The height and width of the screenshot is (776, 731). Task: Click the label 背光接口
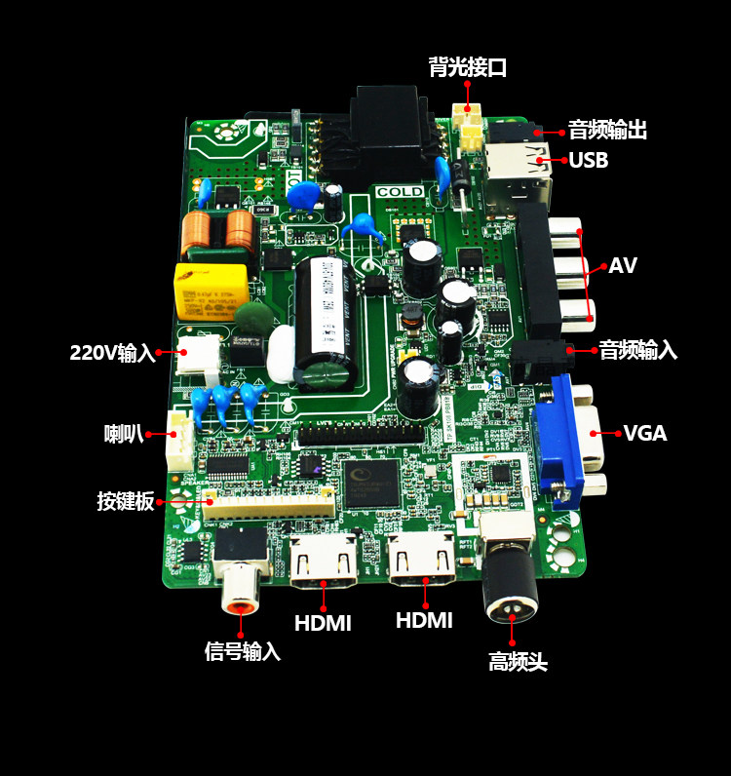click(468, 67)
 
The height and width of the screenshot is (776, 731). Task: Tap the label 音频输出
click(607, 130)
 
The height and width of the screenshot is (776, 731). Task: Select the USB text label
click(589, 160)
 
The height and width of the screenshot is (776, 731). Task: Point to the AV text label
click(623, 266)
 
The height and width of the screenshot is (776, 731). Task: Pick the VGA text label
click(645, 433)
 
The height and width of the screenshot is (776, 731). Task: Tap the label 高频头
click(518, 663)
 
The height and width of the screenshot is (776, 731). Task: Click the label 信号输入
click(243, 651)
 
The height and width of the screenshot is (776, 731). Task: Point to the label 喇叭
click(124, 433)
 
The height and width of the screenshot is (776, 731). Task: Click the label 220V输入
click(113, 353)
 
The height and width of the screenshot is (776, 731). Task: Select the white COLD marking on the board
click(400, 192)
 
